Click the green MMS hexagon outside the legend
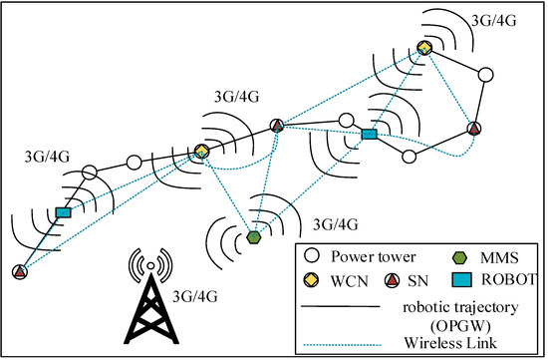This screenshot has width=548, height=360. [x=254, y=237]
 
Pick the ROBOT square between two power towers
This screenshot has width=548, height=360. [x=369, y=134]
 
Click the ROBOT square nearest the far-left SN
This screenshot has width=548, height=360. [x=64, y=212]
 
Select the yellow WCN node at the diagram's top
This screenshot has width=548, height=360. [x=424, y=48]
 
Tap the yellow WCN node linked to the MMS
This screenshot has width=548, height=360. [x=201, y=151]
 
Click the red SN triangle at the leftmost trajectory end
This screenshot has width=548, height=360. [x=20, y=272]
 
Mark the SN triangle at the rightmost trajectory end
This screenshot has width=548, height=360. [x=474, y=128]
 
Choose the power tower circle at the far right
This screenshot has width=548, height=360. [x=485, y=75]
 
